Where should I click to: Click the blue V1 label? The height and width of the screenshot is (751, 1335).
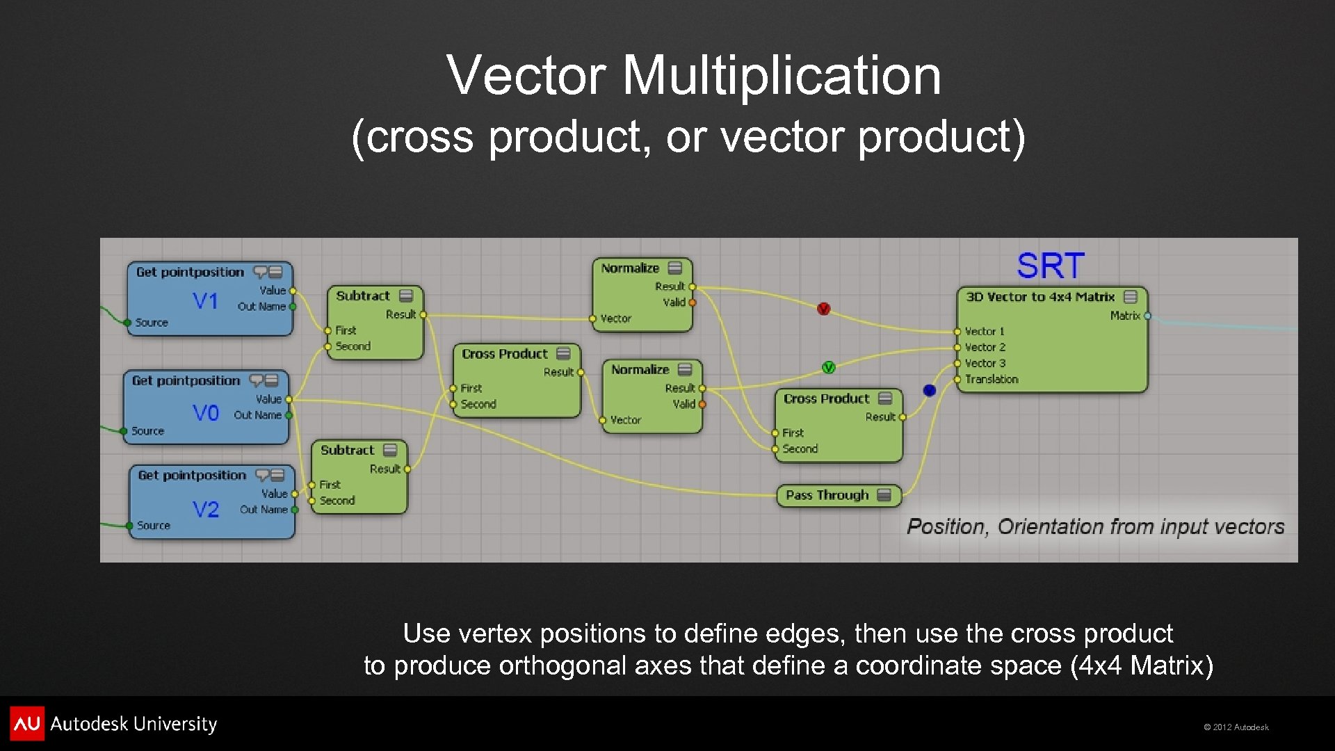205,301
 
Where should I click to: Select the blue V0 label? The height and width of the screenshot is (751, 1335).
205,413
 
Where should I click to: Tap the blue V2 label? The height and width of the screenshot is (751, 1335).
206,510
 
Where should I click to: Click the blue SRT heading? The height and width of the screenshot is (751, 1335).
1050,266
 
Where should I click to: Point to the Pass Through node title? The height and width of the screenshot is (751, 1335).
827,495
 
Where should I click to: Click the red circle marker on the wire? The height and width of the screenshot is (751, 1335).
824,309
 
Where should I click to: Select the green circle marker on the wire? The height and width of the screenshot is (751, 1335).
828,367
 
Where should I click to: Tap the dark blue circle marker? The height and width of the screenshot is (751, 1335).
930,390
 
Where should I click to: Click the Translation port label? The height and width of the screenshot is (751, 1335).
992,379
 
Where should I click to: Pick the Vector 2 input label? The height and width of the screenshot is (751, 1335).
985,347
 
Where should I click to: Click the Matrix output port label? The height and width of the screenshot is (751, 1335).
1124,316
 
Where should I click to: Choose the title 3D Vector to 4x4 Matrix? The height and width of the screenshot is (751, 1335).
1040,297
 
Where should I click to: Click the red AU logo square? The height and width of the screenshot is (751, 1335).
27,723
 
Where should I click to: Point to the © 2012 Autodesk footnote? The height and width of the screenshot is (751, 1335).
1236,727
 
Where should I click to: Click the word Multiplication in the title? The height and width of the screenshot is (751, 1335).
782,75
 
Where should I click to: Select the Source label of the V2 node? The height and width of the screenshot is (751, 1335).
153,526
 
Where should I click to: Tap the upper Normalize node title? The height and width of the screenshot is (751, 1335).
630,268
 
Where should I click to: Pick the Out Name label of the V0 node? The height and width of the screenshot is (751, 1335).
257,415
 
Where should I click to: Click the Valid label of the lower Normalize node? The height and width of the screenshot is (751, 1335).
683,404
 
